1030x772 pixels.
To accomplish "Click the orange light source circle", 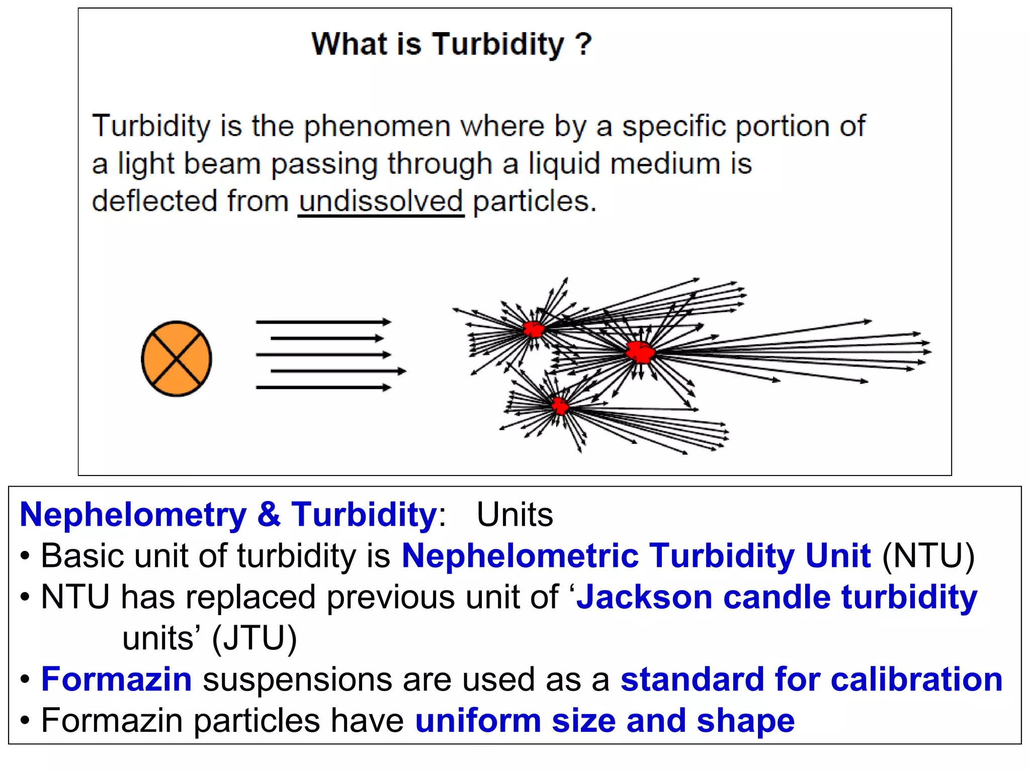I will point(177,359).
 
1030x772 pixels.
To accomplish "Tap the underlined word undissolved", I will point(381,201).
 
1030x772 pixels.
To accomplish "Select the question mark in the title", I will point(583,44).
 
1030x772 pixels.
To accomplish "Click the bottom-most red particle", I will point(559,405).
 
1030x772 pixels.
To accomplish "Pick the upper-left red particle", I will point(534,329).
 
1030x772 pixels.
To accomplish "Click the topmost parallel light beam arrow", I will point(323,322).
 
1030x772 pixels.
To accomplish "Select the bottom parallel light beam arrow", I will point(323,387).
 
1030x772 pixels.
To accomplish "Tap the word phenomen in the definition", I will point(377,126).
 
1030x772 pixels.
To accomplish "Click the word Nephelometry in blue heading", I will point(133,515).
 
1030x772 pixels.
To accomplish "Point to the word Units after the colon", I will point(514,515).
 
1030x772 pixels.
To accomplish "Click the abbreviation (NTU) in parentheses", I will point(928,556).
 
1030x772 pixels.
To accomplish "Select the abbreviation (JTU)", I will point(254,638).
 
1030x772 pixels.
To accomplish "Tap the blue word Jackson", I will point(644,597).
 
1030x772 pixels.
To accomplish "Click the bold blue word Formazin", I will point(117,680).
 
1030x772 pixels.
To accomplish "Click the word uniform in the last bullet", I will point(478,721).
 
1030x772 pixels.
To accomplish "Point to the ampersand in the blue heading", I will point(269,515).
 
